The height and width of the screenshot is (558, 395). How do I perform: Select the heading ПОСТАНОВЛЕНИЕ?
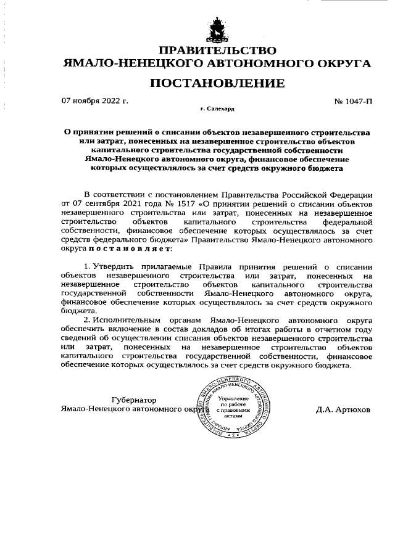(217, 83)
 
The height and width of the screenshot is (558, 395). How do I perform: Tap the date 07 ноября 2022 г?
(95, 100)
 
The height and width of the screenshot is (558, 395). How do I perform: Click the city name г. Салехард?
(217, 109)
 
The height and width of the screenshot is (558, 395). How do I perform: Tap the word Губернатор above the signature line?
(133, 399)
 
